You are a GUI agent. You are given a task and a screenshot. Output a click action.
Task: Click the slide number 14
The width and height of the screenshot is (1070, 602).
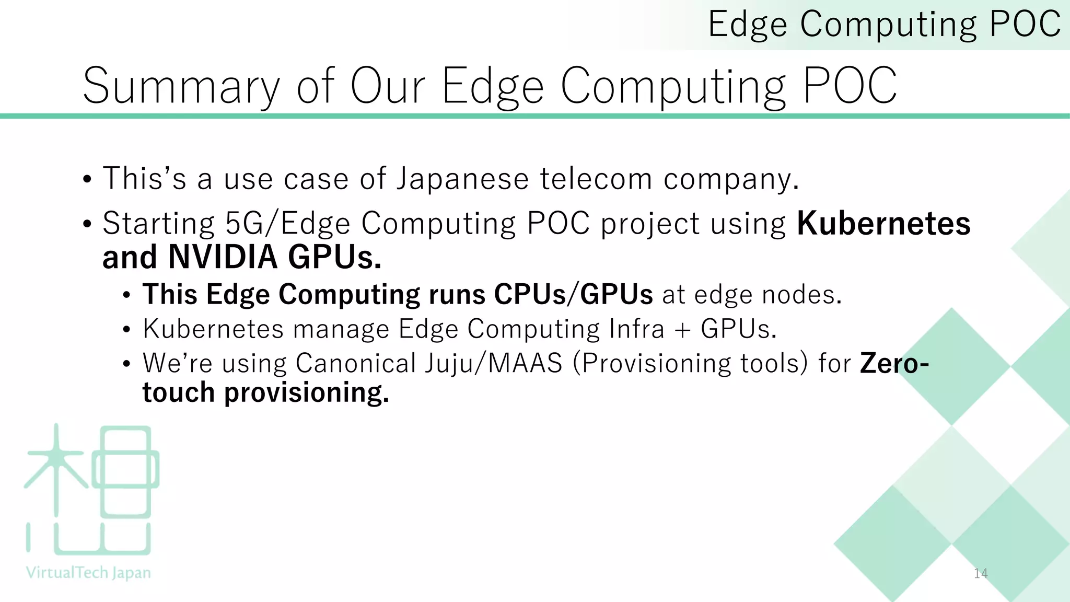pos(981,574)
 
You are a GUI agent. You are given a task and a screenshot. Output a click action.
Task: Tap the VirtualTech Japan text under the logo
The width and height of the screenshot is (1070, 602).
pos(88,573)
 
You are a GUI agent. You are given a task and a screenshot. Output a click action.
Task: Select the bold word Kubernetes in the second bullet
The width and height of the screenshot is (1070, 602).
pos(883,224)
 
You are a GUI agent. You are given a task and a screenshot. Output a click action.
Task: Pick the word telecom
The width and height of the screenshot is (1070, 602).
pos(596,179)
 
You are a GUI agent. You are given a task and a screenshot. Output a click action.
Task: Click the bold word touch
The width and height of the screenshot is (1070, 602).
pos(178,392)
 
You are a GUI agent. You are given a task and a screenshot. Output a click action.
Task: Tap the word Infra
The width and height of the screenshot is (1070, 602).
pos(636,329)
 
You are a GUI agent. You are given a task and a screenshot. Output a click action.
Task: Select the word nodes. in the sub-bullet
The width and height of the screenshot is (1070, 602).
pos(802,295)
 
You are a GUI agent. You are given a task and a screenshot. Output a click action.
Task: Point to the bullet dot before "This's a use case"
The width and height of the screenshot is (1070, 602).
pos(87,180)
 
